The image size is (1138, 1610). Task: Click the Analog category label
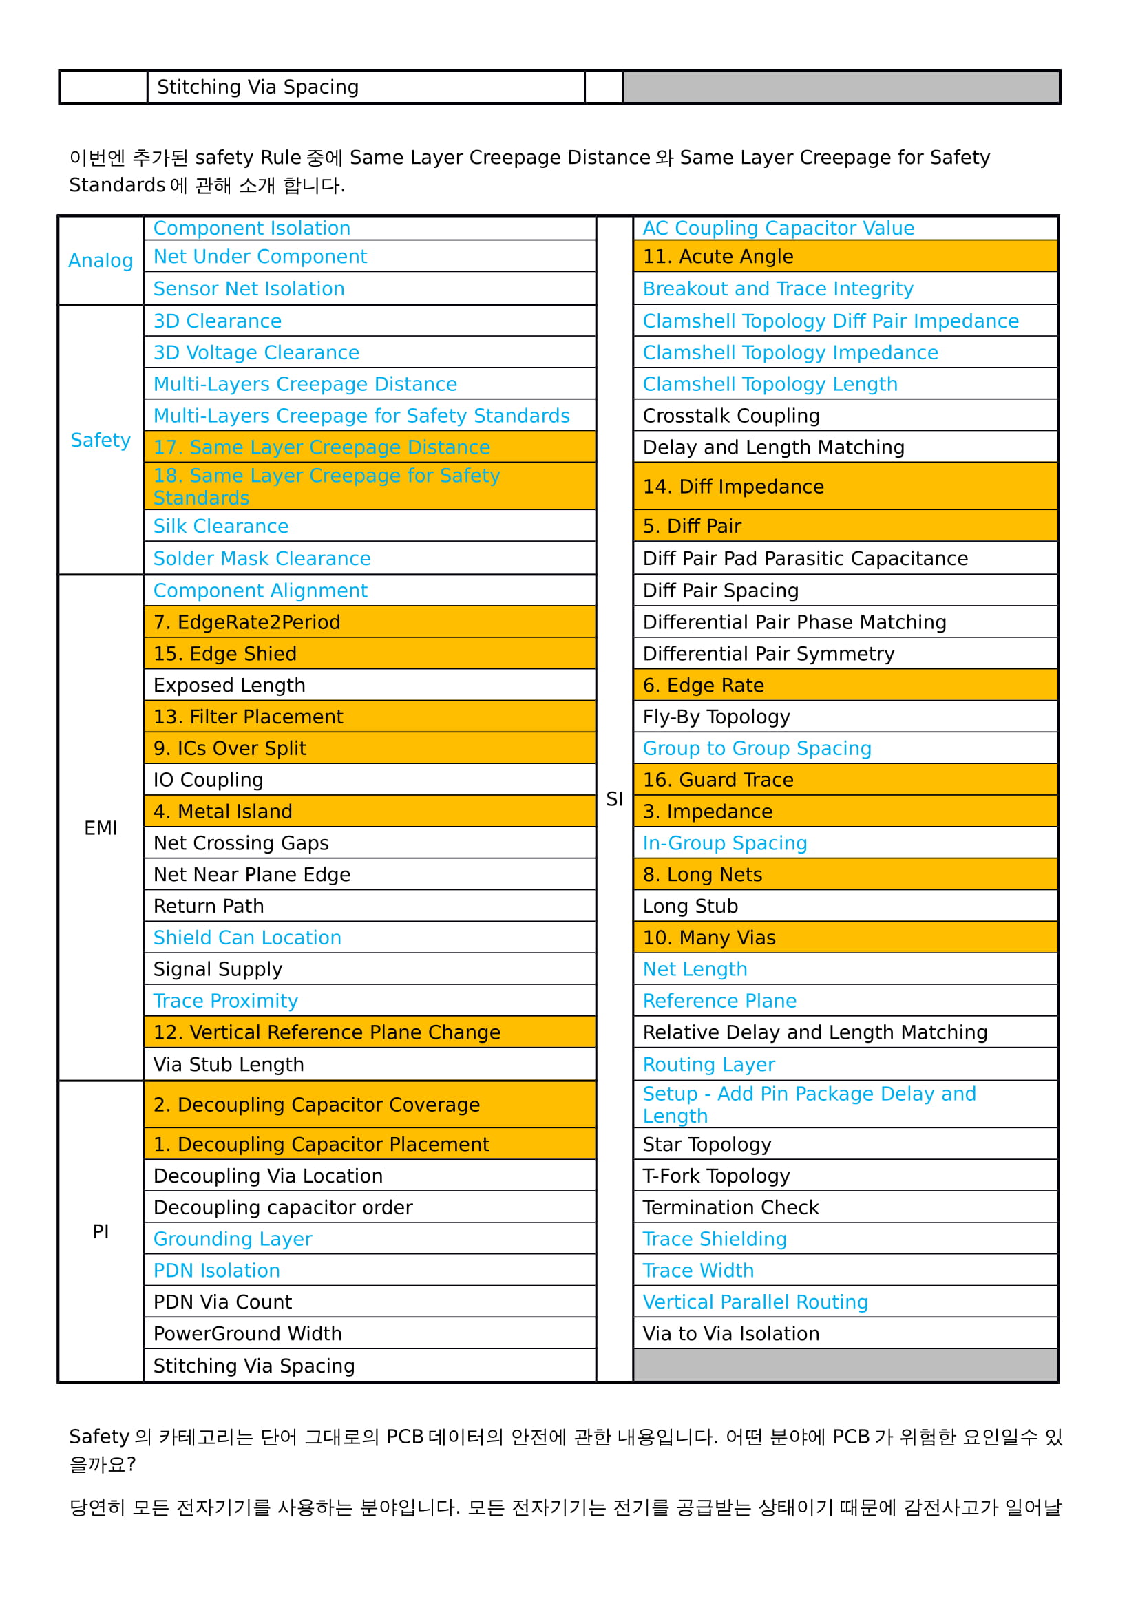coord(101,261)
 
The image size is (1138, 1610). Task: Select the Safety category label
coord(101,441)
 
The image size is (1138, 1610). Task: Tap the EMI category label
coord(101,828)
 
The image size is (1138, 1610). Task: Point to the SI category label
coord(614,799)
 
